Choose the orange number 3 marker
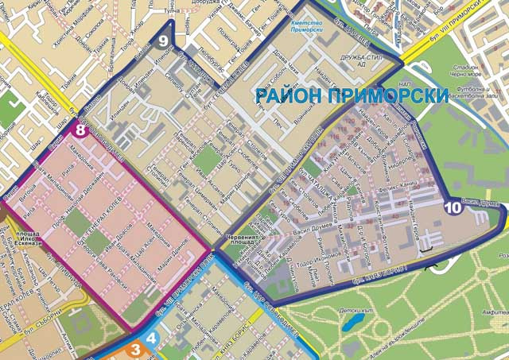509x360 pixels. (x=135, y=348)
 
